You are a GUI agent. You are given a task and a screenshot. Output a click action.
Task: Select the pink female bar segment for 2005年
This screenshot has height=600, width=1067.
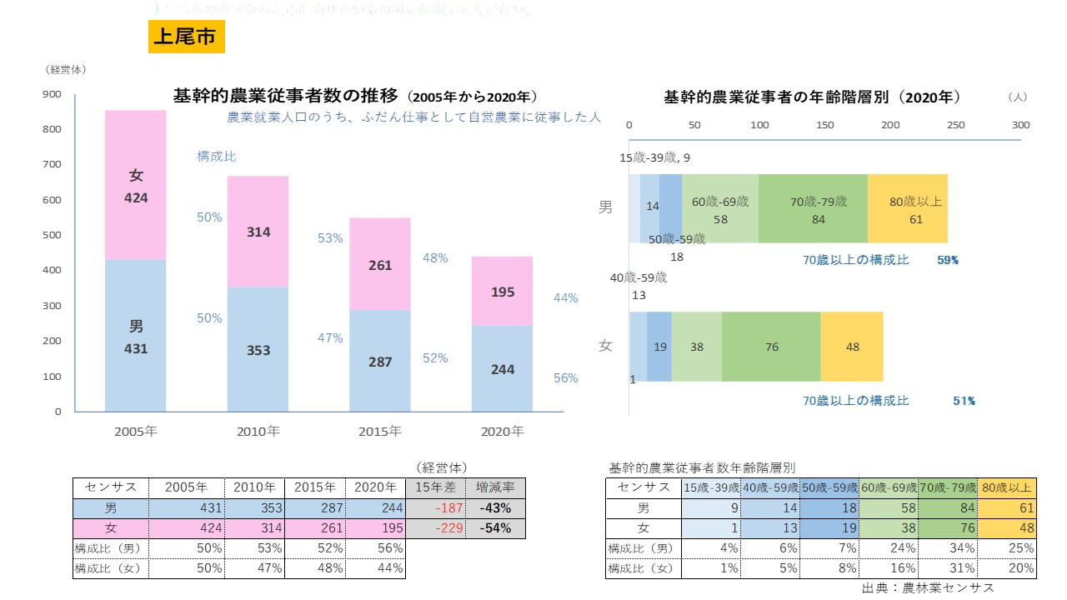coord(136,185)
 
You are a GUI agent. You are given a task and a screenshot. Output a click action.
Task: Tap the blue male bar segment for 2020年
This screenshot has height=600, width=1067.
coord(503,368)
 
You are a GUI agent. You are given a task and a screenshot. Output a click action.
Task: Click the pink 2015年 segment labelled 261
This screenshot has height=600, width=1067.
coord(380,264)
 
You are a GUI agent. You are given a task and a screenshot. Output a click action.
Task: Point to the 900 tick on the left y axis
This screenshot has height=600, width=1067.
coord(52,94)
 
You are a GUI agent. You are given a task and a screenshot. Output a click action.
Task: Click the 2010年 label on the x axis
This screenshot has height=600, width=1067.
coord(258,432)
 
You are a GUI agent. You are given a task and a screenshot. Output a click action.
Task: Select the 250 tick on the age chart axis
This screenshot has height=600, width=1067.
coord(955,125)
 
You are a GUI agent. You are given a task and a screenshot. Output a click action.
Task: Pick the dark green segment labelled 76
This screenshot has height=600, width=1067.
coord(771,347)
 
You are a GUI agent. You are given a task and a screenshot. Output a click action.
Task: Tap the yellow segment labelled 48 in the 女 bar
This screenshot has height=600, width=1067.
coord(852,347)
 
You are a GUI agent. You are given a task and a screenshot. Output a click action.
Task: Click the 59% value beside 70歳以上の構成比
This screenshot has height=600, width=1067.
coord(948,260)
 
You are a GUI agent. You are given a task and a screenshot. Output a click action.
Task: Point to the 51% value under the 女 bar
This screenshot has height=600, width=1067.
coord(964,401)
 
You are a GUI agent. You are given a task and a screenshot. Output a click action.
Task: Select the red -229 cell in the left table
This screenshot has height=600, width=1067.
coord(435,528)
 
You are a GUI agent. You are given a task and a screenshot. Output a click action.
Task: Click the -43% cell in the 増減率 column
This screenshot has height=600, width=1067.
coord(493,508)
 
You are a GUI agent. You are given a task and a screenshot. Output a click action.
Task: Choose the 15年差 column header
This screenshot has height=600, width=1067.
coord(435,487)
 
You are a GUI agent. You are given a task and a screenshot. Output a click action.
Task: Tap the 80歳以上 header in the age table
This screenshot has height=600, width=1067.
coord(1007,487)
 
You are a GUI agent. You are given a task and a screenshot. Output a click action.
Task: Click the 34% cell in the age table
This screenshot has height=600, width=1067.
coord(948,548)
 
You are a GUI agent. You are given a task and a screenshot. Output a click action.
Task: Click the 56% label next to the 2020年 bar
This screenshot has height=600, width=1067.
coord(565,377)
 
